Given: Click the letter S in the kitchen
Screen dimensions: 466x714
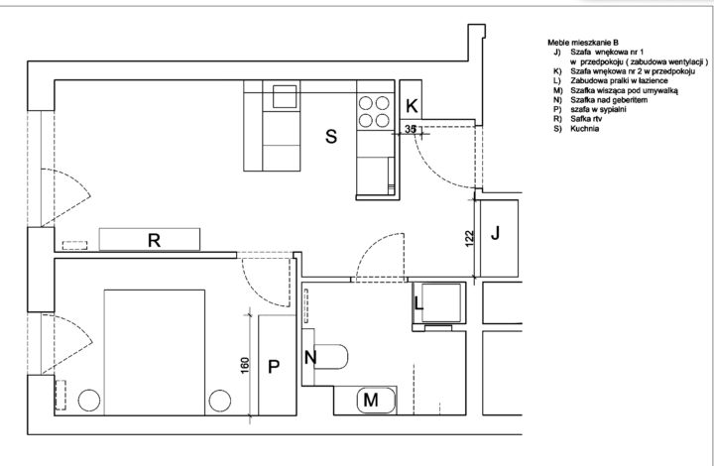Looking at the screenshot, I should (x=331, y=138).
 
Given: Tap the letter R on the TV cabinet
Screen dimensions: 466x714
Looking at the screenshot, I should (x=154, y=239).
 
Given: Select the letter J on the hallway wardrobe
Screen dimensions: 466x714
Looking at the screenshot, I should (x=498, y=235).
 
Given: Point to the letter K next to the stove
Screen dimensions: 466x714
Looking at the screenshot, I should (x=413, y=106).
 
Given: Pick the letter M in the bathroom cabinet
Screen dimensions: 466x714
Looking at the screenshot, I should (x=370, y=400).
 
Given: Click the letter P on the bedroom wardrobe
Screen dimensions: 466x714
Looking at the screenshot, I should (x=275, y=366).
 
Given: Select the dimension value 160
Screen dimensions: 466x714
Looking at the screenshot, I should (x=244, y=366).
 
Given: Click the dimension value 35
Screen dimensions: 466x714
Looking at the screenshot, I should (x=411, y=129).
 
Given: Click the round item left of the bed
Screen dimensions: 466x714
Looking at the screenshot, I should (x=90, y=402).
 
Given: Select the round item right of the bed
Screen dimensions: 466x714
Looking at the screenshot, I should (x=218, y=402).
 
